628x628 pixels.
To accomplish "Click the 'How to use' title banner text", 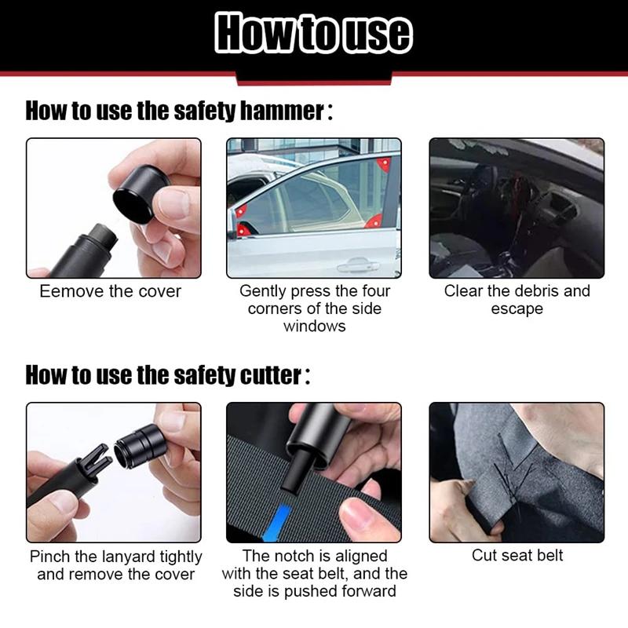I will tap(314, 34).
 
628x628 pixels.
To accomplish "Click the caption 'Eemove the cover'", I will tap(111, 291).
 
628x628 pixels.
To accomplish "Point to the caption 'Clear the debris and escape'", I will tap(517, 299).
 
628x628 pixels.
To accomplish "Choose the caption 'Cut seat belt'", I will tap(517, 556).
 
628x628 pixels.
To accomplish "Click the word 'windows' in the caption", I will tap(314, 326).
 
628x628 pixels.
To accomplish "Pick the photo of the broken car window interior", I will tap(517, 208).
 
